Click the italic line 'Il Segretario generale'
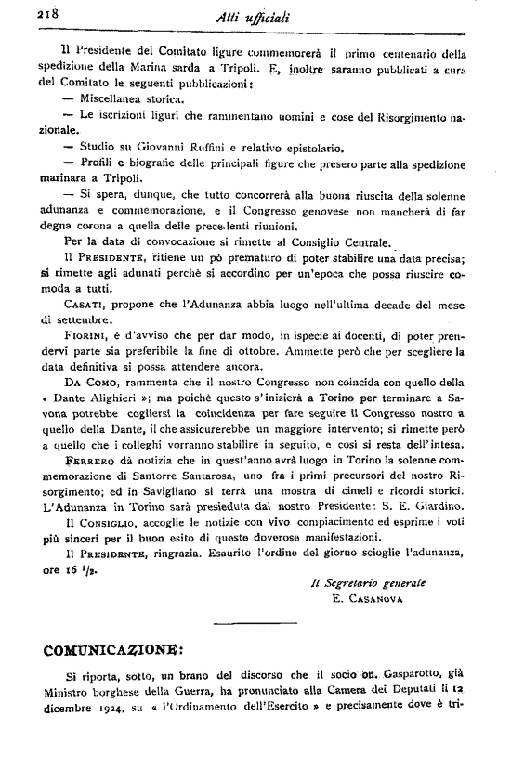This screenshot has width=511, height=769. click(367, 583)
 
